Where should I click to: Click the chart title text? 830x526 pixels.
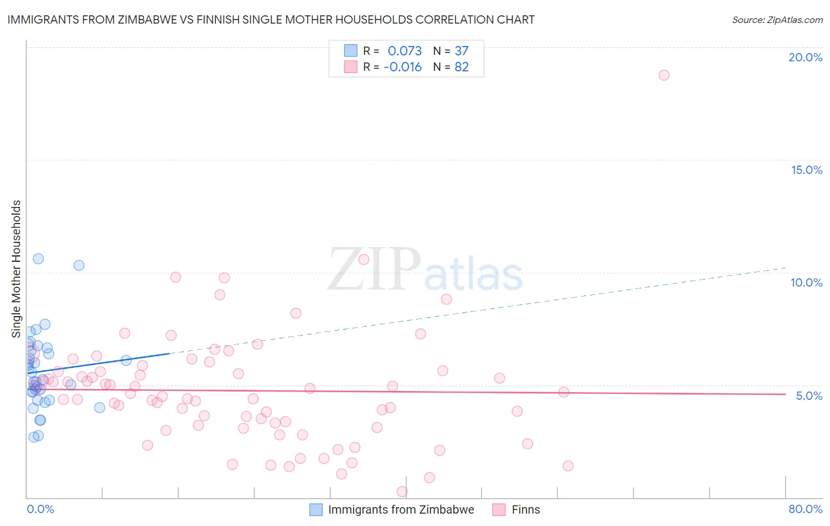[x=271, y=19]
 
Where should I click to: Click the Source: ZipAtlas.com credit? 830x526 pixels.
[x=777, y=19]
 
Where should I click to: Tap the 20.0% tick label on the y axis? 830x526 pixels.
[x=805, y=57]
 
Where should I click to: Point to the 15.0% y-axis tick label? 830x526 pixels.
[x=806, y=170]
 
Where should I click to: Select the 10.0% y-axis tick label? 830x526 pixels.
[x=806, y=282]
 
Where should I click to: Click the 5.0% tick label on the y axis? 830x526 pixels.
[x=809, y=396]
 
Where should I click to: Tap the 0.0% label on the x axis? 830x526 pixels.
[x=40, y=509]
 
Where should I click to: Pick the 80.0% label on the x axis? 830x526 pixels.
[x=805, y=509]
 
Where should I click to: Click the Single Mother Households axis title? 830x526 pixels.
[x=17, y=269]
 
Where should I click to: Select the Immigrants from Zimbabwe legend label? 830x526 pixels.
[x=401, y=509]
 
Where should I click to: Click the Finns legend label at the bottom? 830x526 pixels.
[x=525, y=509]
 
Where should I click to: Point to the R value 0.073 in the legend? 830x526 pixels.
[x=404, y=51]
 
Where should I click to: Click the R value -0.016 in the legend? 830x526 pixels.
[x=403, y=67]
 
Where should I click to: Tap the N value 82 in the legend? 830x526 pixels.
[x=462, y=67]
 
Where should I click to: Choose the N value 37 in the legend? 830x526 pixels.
[x=462, y=51]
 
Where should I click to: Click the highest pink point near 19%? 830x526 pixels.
[x=664, y=75]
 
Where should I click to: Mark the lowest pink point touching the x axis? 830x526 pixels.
[x=402, y=491]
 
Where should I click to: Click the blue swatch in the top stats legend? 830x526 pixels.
[x=351, y=51]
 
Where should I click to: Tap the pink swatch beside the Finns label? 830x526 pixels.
[x=499, y=509]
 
